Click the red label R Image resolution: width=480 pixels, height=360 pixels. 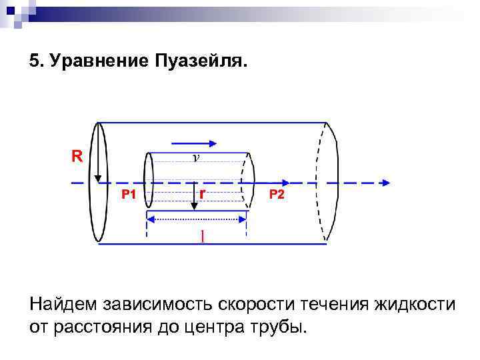[77, 157]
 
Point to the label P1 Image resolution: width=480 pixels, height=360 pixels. [129, 195]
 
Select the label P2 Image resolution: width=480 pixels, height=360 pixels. [276, 195]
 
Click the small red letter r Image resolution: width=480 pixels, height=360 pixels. [201, 192]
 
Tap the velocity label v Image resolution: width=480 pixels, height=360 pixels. [195, 158]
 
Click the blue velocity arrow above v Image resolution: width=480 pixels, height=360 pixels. [194, 143]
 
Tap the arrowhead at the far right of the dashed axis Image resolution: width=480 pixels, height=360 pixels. [385, 182]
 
